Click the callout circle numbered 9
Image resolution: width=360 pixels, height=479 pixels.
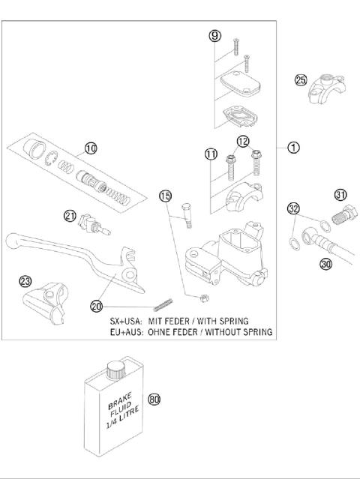tap(214, 35)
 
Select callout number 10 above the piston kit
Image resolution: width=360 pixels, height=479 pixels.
tap(90, 148)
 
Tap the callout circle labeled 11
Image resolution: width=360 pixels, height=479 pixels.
tap(211, 154)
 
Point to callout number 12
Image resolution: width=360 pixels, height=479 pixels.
tap(243, 141)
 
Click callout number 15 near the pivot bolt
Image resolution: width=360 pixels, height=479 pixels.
tap(166, 196)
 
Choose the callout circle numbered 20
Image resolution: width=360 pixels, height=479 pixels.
tap(97, 305)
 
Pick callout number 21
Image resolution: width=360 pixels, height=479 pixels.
tap(70, 216)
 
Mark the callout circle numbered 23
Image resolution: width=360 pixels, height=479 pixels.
tap(25, 281)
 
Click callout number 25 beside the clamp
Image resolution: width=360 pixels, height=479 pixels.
tap(301, 80)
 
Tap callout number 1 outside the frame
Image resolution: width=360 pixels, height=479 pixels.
tap(294, 148)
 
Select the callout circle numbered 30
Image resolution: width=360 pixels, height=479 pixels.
tap(325, 264)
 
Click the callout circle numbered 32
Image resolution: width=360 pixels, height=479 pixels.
tap(293, 208)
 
